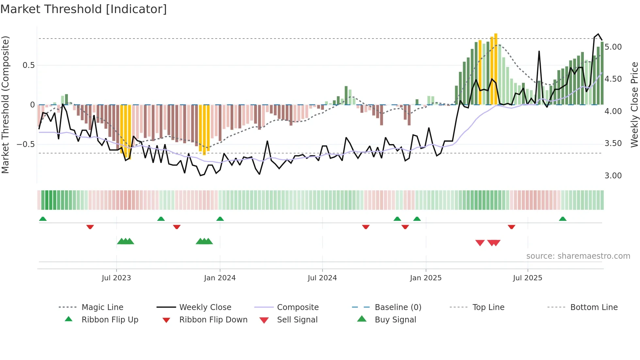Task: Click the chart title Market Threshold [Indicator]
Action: pyautogui.click(x=84, y=9)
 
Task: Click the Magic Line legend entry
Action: pyautogui.click(x=102, y=307)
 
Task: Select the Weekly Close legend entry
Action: pyautogui.click(x=205, y=307)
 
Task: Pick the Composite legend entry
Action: pyautogui.click(x=297, y=307)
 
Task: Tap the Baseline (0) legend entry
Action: pyautogui.click(x=398, y=307)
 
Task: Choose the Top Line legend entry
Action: pyautogui.click(x=488, y=307)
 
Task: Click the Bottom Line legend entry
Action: pyautogui.click(x=594, y=307)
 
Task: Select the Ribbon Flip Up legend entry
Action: pyautogui.click(x=110, y=319)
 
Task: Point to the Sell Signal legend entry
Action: pyautogui.click(x=297, y=319)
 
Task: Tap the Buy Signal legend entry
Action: pyautogui.click(x=395, y=319)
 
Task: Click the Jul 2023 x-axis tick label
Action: pyautogui.click(x=116, y=278)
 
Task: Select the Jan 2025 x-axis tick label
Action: pyautogui.click(x=425, y=278)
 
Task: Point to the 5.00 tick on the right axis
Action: pyautogui.click(x=613, y=47)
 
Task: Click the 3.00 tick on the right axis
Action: pyautogui.click(x=613, y=176)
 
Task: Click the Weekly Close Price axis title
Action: pyautogui.click(x=634, y=105)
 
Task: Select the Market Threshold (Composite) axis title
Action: pyautogui.click(x=6, y=105)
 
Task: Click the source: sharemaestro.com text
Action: pyautogui.click(x=578, y=256)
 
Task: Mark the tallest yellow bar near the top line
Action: pyautogui.click(x=496, y=69)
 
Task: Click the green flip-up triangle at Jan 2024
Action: pyautogui.click(x=220, y=219)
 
